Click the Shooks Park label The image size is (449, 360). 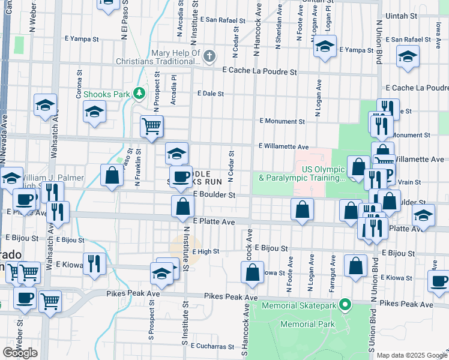click(106, 94)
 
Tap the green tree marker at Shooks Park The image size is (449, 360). click(139, 94)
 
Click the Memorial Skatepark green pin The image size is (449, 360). click(345, 305)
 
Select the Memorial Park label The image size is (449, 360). click(309, 325)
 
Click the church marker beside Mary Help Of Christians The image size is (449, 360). click(209, 57)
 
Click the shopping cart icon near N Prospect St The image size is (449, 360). click(151, 126)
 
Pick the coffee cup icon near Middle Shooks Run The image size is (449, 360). click(181, 176)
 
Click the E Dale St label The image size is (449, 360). click(210, 94)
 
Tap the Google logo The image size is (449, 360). click(20, 353)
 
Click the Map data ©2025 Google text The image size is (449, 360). click(412, 355)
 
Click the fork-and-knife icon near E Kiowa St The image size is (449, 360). click(94, 262)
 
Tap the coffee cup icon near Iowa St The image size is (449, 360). click(439, 280)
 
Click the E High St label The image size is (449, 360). click(205, 251)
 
